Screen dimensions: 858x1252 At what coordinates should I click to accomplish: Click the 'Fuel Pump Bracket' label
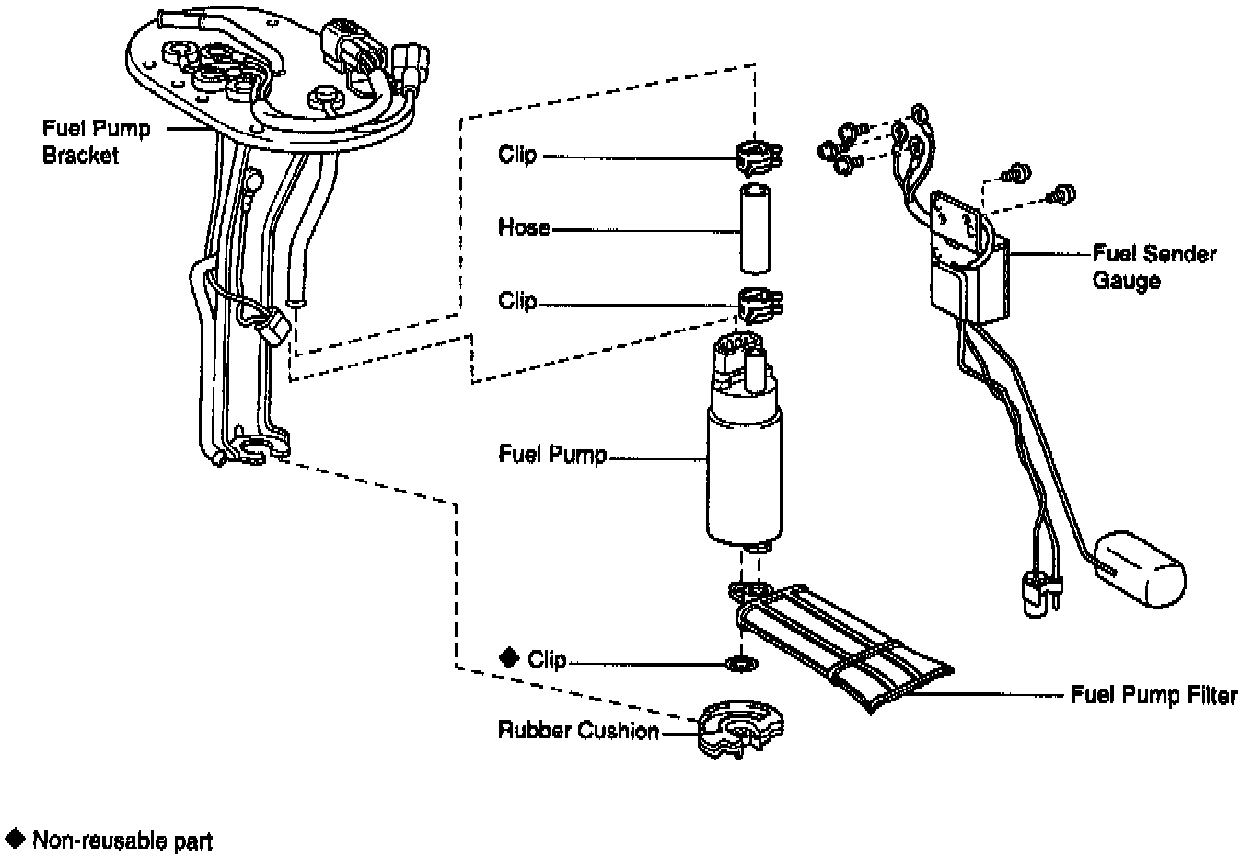[96, 142]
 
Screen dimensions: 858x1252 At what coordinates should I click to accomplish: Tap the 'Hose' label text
[523, 227]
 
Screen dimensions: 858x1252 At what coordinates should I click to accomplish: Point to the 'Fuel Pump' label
[552, 455]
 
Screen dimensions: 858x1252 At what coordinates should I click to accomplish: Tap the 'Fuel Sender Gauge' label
[1153, 266]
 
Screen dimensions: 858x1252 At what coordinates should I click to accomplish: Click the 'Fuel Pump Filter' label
[1153, 696]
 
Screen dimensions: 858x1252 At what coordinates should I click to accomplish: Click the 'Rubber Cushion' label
[578, 731]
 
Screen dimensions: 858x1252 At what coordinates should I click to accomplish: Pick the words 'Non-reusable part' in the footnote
[122, 841]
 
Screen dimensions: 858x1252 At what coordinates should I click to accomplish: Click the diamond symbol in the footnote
[15, 838]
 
